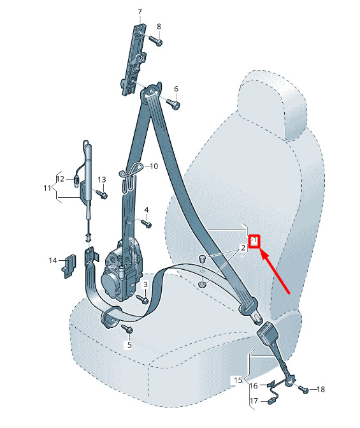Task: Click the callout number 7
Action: click(140, 11)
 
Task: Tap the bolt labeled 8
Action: click(155, 40)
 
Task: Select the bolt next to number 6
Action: click(173, 104)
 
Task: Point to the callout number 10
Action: click(154, 166)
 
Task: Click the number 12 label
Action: click(61, 179)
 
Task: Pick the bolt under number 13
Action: click(101, 195)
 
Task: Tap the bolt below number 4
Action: click(146, 224)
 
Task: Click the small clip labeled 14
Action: click(70, 265)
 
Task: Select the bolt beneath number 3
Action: click(142, 299)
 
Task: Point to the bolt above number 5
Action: click(127, 328)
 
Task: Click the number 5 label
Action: click(129, 345)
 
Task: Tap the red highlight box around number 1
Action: click(254, 241)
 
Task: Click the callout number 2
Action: click(243, 248)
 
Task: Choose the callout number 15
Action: click(238, 380)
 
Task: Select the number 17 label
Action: click(254, 401)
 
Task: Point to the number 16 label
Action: click(254, 386)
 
